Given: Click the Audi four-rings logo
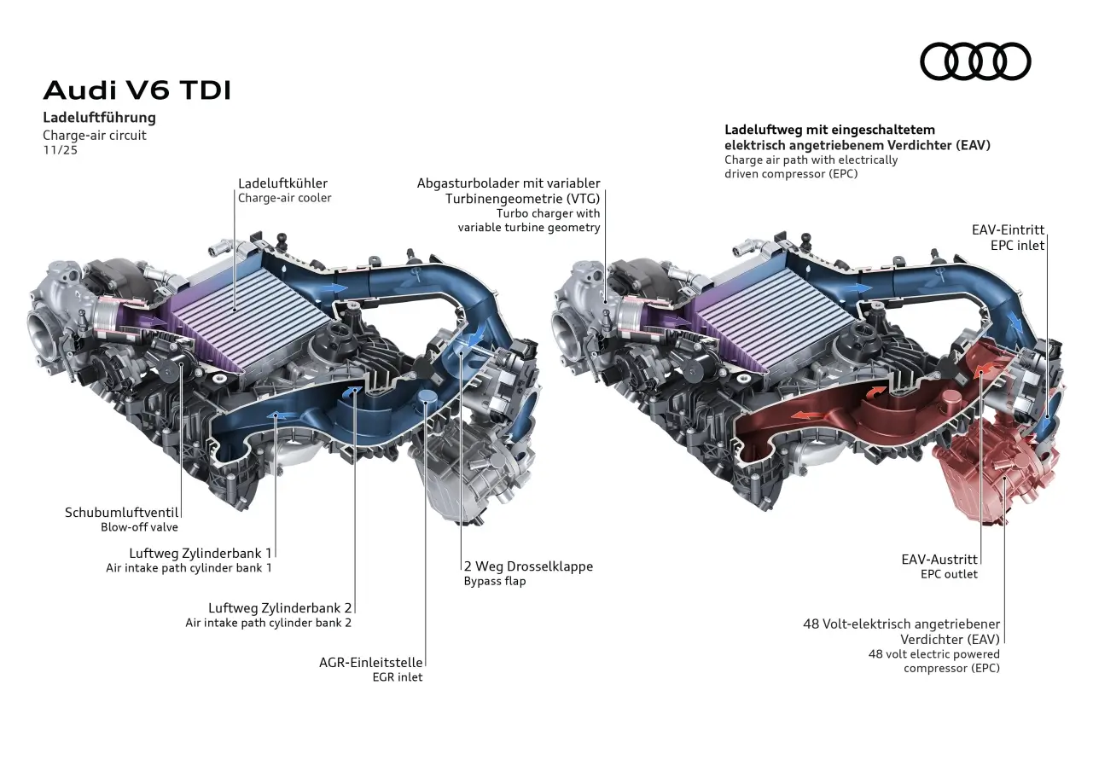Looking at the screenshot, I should (x=975, y=61).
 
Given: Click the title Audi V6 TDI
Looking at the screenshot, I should (x=137, y=90).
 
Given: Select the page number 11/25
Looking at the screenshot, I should (x=60, y=150).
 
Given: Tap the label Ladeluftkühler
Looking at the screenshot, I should (x=282, y=183).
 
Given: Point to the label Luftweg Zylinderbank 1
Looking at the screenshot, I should (x=201, y=553).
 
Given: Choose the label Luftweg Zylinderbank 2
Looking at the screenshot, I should (x=280, y=607).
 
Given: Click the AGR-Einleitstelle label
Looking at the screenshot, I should (x=370, y=662).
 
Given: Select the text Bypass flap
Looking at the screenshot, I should (x=495, y=581).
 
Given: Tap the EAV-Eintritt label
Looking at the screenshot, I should (x=1008, y=230).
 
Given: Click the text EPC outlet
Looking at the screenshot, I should (x=949, y=574).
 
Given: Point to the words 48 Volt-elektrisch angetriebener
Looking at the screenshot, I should (x=901, y=624).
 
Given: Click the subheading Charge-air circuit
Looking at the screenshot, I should (x=95, y=135).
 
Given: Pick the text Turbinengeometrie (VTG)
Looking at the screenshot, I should (x=522, y=198).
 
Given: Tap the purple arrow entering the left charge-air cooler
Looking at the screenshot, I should (x=149, y=322).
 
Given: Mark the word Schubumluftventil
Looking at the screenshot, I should (x=121, y=513).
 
